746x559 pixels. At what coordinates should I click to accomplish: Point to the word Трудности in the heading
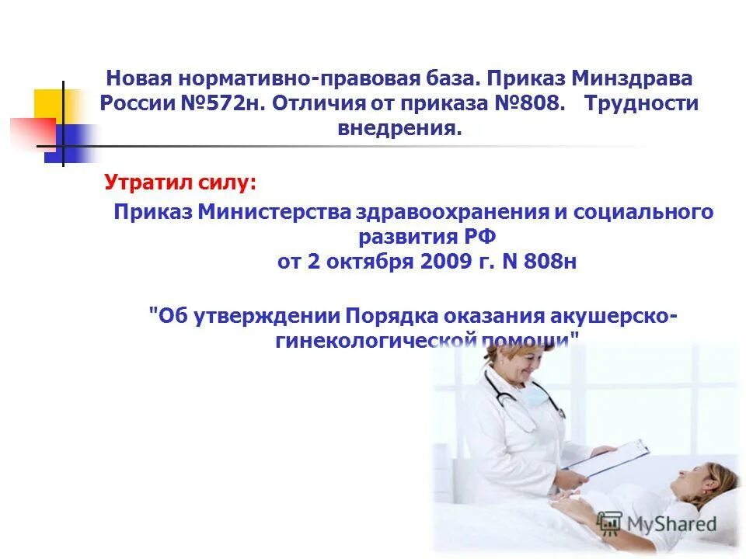(x=643, y=104)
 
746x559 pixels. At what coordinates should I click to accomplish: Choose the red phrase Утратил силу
(x=180, y=184)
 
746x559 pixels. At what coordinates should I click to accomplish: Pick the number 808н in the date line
(x=549, y=262)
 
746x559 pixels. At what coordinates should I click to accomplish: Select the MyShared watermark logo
(x=657, y=523)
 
